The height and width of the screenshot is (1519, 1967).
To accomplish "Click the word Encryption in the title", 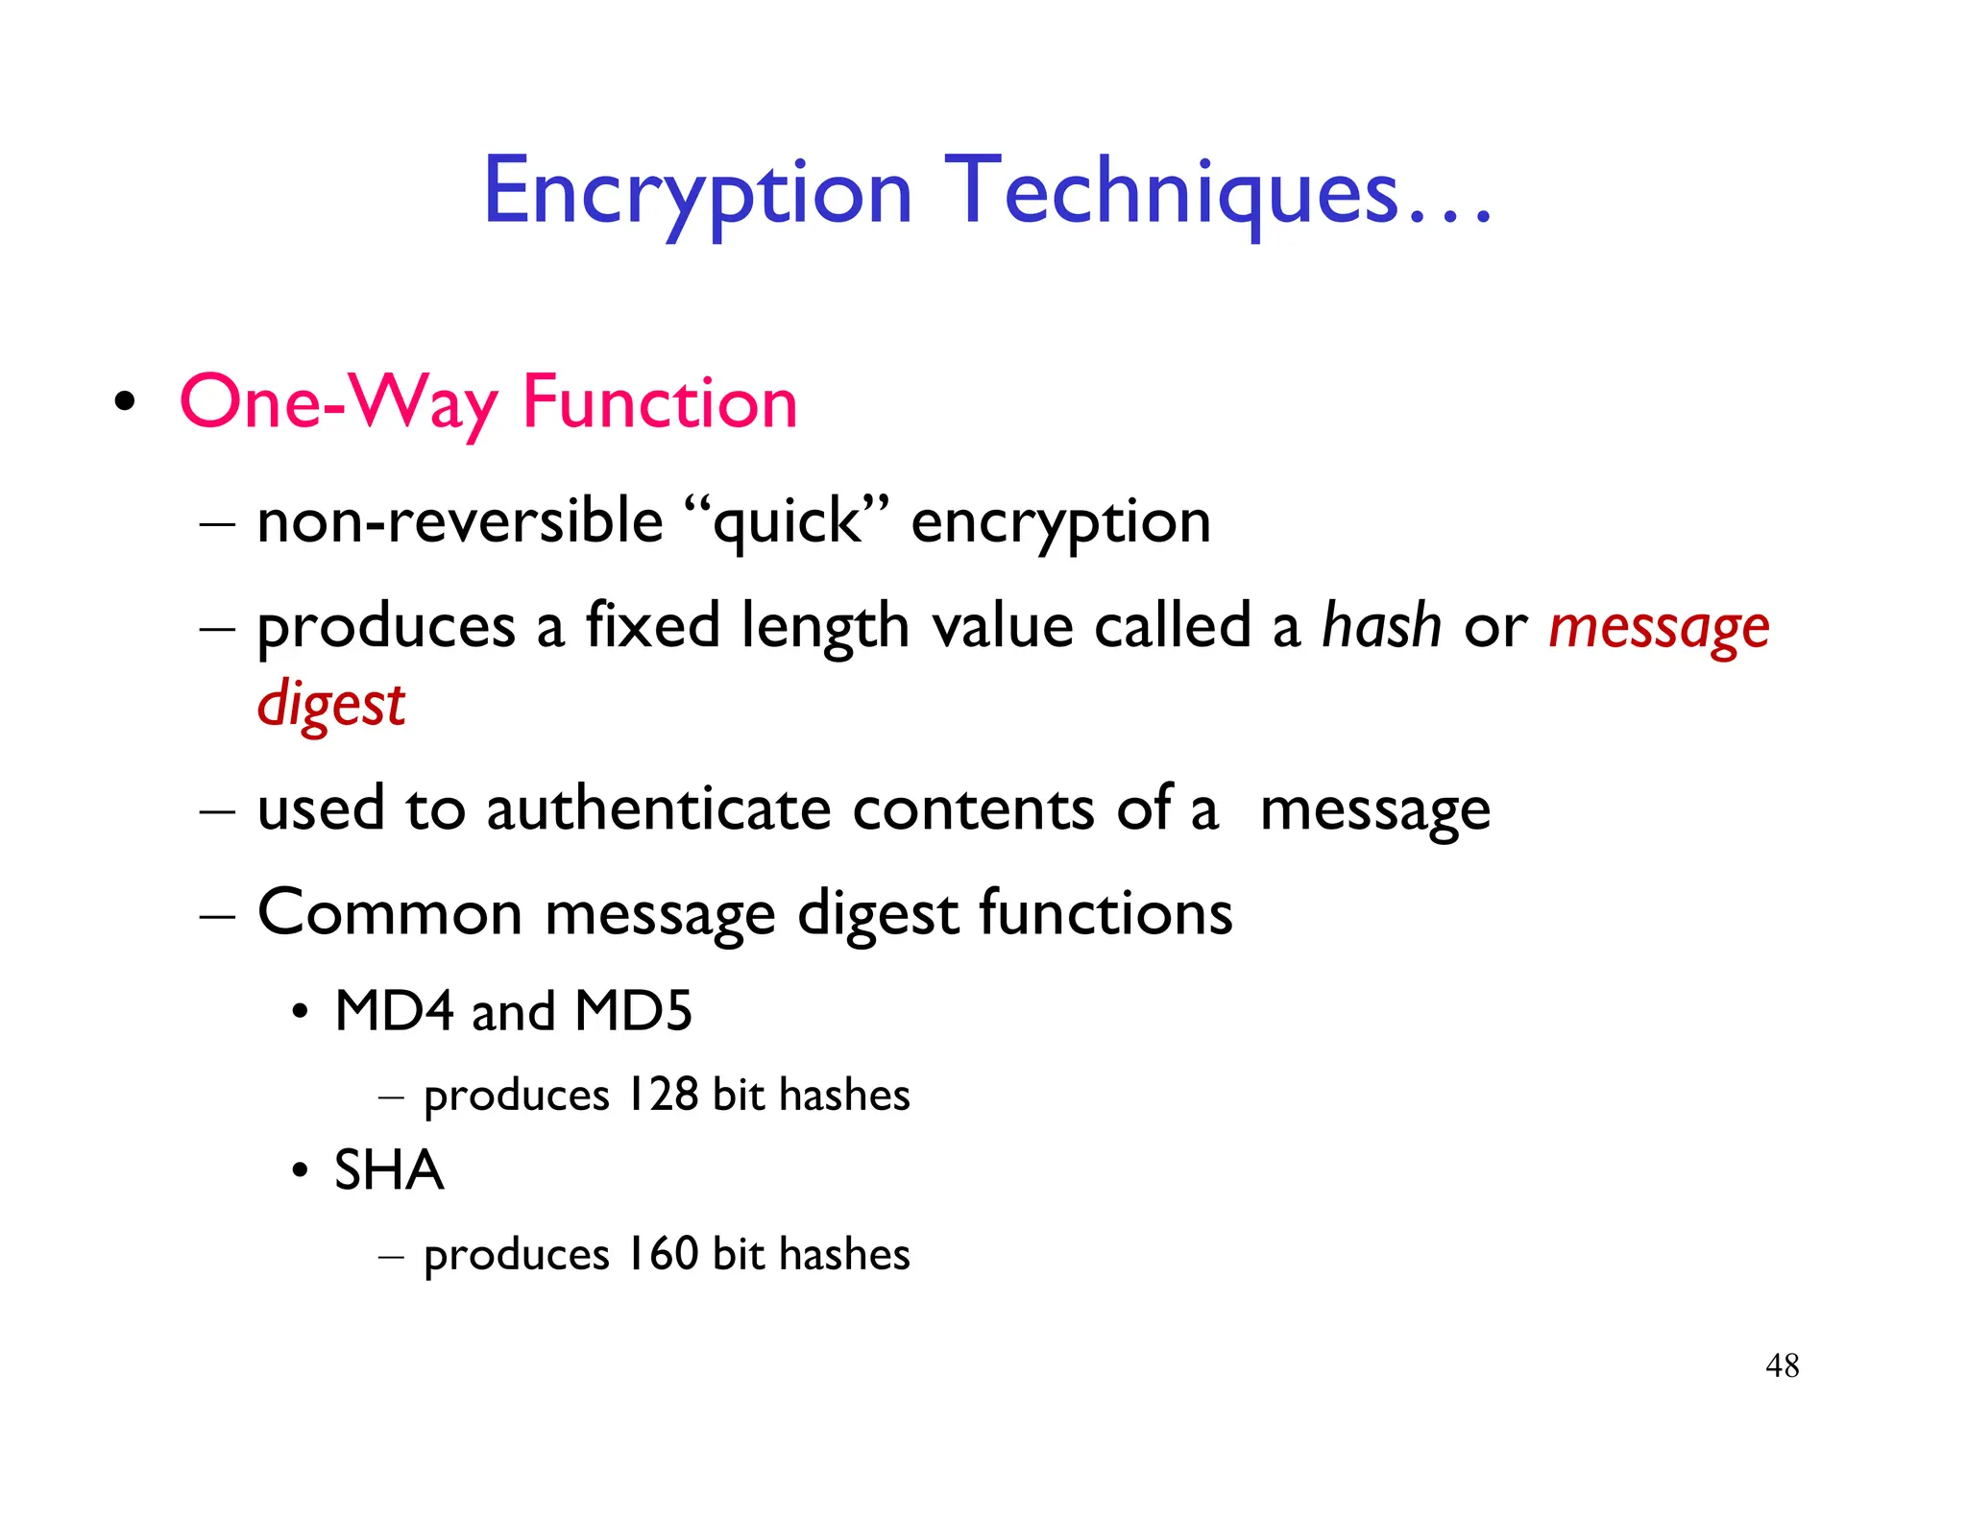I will (697, 194).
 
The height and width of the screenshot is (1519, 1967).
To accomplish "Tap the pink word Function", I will (659, 402).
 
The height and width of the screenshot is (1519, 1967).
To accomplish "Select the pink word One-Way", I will (338, 402).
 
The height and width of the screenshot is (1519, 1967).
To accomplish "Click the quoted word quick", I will (788, 523).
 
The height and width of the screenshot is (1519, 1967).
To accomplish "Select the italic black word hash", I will (1381, 626).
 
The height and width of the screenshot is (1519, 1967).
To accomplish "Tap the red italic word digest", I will (330, 705).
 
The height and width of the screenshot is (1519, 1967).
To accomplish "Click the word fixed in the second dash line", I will (652, 626).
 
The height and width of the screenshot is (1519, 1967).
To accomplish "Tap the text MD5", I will (633, 1011).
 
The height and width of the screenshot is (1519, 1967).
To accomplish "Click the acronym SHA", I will (388, 1170).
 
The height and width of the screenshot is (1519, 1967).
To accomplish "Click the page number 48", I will (1782, 1365).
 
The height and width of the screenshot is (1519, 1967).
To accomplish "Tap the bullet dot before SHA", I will (301, 1171).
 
